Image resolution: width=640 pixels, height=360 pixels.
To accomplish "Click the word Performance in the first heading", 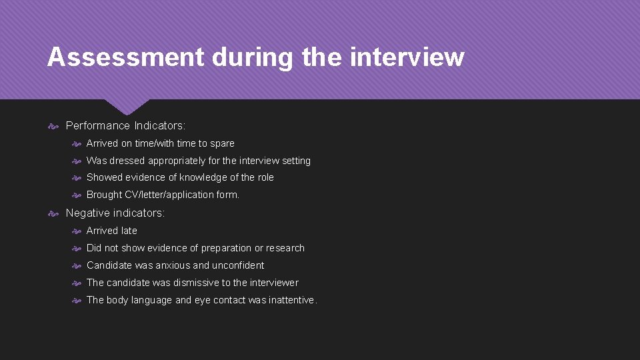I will click(x=98, y=126).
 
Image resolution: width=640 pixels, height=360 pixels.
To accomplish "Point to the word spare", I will click(x=222, y=143).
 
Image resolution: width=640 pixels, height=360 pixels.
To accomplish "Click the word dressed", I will click(x=127, y=161).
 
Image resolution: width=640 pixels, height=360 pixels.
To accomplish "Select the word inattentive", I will click(x=291, y=300).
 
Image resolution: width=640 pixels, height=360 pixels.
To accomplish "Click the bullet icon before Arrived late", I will click(x=77, y=231).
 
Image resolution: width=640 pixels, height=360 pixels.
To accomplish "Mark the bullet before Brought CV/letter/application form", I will click(x=77, y=195).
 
